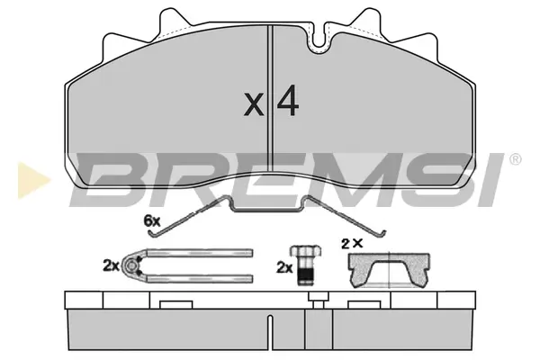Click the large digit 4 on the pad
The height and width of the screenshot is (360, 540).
288,100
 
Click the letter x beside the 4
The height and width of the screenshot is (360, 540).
254,104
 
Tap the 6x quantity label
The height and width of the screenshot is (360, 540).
152,220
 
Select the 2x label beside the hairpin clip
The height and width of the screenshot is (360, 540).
111,266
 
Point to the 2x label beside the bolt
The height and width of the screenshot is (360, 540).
284,267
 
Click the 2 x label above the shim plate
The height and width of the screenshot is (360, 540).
352,244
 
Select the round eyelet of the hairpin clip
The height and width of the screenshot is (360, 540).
130,265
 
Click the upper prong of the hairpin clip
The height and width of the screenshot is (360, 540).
200,253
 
